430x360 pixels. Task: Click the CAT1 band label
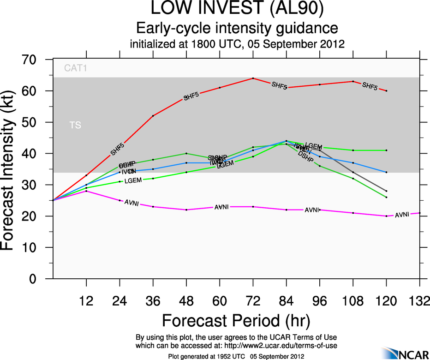(76, 69)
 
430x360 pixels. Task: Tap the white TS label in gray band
(75, 125)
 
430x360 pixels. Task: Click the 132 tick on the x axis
(419, 301)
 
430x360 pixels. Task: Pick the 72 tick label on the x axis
(253, 301)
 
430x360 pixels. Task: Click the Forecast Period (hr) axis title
(236, 320)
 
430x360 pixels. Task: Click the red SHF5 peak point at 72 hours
(253, 78)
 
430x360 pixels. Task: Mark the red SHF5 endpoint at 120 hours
(386, 91)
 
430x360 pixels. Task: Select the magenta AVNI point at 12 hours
(86, 191)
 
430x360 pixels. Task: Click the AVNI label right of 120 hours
(402, 215)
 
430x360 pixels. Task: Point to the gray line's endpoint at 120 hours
(386, 191)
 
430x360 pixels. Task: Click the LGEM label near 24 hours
(133, 180)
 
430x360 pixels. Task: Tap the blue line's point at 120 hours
(386, 172)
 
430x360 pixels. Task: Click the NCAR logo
(404, 353)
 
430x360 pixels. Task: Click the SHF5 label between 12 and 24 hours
(117, 149)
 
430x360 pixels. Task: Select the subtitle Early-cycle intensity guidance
(236, 28)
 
